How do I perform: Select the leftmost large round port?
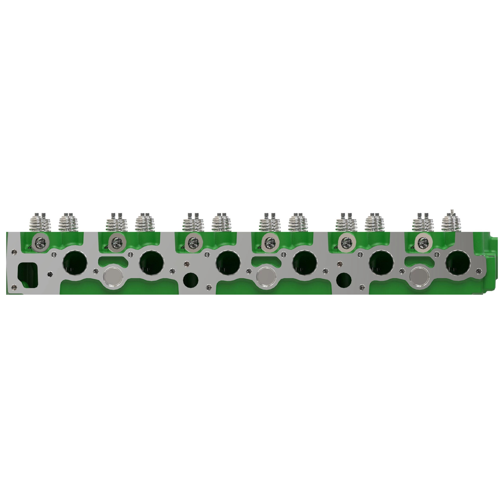pos(75,263)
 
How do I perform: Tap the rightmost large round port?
pos(458,263)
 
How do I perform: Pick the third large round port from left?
pos(228,263)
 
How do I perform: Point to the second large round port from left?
pos(151,263)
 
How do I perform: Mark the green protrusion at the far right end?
pos(494,250)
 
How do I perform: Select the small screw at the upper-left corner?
pos(14,252)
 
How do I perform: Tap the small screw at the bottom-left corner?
pos(14,287)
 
